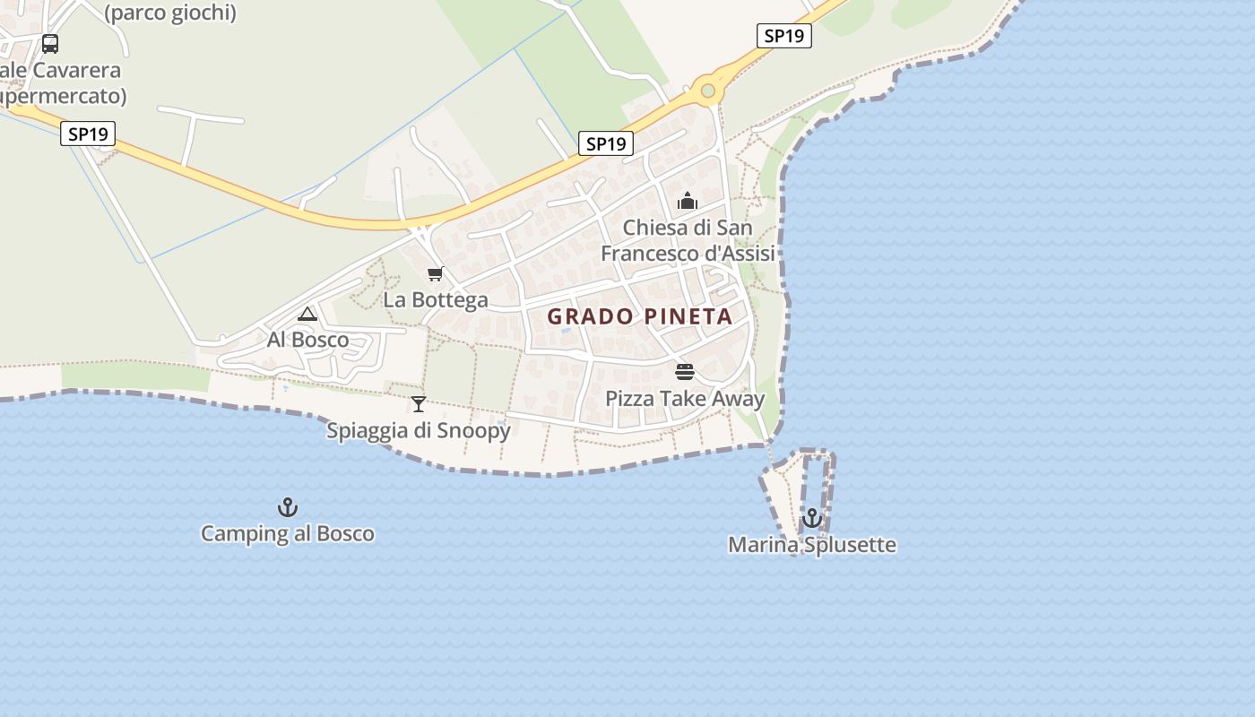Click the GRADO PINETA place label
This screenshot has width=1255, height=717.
640,316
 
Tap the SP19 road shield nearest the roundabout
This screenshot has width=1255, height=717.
783,36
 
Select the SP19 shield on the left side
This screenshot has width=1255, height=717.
88,134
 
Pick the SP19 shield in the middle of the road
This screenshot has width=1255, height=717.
605,143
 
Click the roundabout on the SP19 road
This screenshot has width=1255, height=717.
708,91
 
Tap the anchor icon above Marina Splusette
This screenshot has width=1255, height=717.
812,518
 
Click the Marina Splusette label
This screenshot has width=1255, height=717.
811,545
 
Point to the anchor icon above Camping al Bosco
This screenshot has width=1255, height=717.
287,507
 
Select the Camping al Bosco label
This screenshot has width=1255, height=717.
287,534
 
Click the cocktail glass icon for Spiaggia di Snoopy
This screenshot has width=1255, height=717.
419,404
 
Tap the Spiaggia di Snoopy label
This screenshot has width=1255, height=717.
419,431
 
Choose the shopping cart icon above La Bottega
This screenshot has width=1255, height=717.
436,273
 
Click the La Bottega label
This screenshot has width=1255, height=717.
436,300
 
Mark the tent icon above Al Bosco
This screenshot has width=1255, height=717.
307,314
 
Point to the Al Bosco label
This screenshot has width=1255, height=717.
307,341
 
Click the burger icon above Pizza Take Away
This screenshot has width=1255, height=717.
685,372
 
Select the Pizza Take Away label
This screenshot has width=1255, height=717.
685,399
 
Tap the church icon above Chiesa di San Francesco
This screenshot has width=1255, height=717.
688,201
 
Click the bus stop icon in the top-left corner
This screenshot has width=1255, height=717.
50,43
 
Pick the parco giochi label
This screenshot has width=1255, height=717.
170,13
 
